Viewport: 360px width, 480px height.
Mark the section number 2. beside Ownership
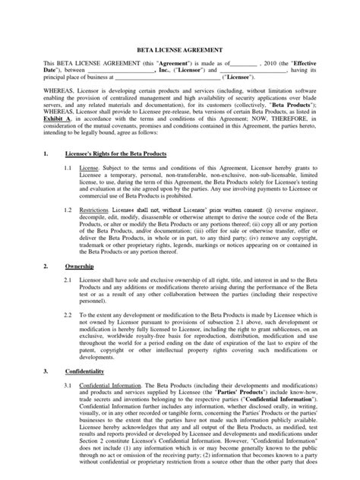[x=46, y=269]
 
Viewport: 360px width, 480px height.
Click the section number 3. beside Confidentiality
[x=46, y=372]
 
